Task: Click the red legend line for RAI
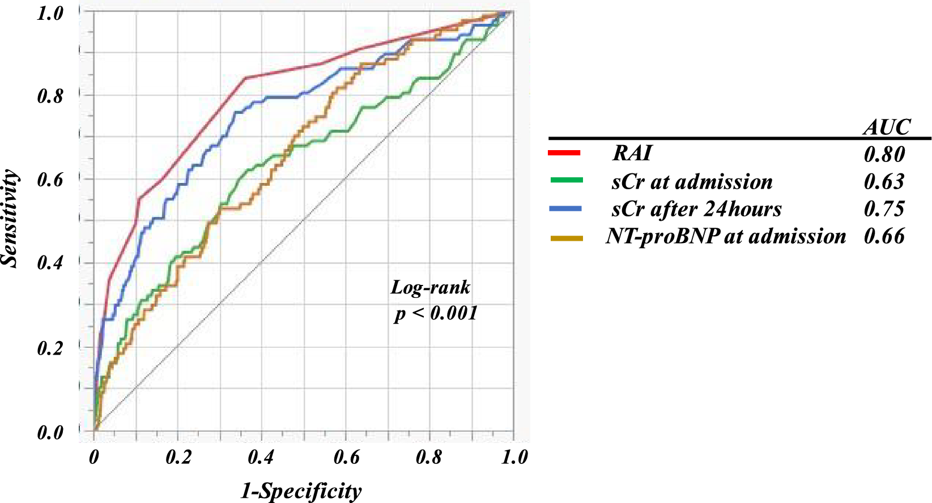click(x=564, y=153)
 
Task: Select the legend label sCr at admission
click(x=692, y=182)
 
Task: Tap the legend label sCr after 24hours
click(x=696, y=209)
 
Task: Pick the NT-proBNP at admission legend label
click(x=726, y=236)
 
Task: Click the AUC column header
click(x=887, y=127)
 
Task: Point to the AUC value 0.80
click(x=884, y=154)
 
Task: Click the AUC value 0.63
click(x=884, y=181)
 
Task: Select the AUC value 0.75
click(x=884, y=208)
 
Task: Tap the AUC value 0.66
click(x=884, y=236)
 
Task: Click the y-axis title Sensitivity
click(x=10, y=218)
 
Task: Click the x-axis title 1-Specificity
click(x=301, y=491)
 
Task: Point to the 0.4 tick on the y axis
click(x=50, y=263)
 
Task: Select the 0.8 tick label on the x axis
click(x=429, y=457)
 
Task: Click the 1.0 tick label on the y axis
click(x=50, y=13)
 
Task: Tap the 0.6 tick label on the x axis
click(x=346, y=457)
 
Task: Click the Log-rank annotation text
click(x=431, y=287)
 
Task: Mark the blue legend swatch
click(x=566, y=209)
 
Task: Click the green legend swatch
click(x=566, y=180)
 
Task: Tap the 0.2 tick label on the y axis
click(x=50, y=347)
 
